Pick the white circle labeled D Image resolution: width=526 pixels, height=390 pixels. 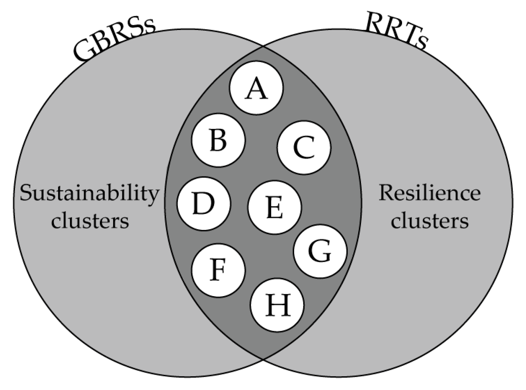[x=204, y=203]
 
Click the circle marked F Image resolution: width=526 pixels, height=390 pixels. [x=218, y=270]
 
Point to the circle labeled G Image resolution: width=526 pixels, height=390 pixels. [x=320, y=251]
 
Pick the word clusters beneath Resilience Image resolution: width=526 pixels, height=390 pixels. [x=430, y=220]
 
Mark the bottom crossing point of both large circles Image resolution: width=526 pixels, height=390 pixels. [x=263, y=359]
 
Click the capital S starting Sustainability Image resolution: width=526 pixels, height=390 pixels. [x=27, y=194]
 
